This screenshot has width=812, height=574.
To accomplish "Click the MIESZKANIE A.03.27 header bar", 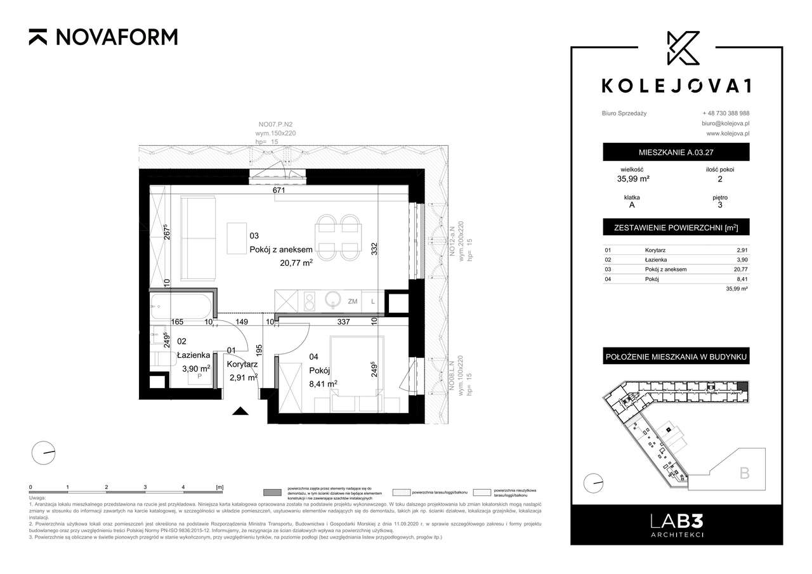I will [x=676, y=152].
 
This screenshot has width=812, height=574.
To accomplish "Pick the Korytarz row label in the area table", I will [x=655, y=251].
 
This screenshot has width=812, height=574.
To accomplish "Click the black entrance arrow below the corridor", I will [x=240, y=411].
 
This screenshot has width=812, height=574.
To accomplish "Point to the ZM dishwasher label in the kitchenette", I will [x=352, y=302].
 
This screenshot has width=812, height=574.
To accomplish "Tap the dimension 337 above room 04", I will [x=343, y=322].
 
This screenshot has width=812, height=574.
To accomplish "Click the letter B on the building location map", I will [x=744, y=473].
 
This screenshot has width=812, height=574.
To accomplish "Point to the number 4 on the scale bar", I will [x=183, y=487].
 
